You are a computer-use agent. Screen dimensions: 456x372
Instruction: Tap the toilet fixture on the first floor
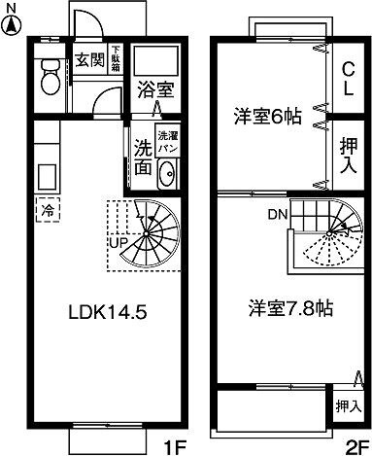pos(49,79)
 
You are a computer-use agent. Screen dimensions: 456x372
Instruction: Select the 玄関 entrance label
pos(88,59)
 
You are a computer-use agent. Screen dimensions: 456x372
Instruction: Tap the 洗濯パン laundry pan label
pos(166,140)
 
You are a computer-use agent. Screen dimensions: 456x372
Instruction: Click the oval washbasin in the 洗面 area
pos(165,176)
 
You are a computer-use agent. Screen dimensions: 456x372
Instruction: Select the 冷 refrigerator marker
pos(46,207)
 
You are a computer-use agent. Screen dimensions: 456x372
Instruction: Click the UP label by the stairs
pos(120,241)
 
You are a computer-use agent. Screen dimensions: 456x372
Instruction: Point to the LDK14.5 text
pos(107,313)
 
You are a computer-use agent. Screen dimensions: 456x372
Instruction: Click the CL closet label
pos(346,75)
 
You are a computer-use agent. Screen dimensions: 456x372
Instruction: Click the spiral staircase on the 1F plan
pos(146,233)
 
